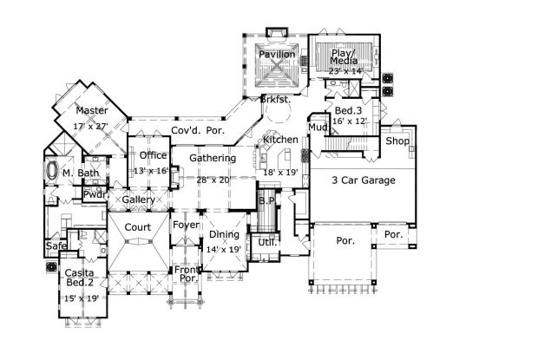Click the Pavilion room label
click(278, 55)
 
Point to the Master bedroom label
click(91, 111)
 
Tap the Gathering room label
click(213, 159)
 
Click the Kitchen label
click(280, 140)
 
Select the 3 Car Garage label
click(364, 180)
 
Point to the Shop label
click(397, 141)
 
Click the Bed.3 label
click(347, 111)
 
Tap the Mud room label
click(317, 128)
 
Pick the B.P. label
click(266, 201)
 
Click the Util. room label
click(267, 242)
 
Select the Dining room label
click(223, 235)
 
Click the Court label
click(137, 227)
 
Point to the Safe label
click(55, 246)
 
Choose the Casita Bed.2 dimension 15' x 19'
click(82, 298)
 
